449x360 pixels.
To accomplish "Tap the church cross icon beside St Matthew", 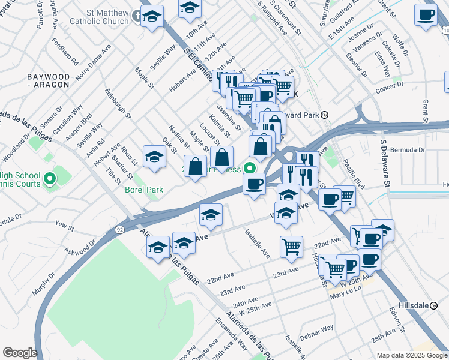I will [x=137, y=16].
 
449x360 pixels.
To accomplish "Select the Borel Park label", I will [x=144, y=190].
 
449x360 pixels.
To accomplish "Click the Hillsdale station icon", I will [x=433, y=305].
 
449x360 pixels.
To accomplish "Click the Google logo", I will [x=20, y=352].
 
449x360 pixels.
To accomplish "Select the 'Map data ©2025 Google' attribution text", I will [x=412, y=355].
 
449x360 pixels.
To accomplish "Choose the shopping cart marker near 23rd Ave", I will [x=291, y=247].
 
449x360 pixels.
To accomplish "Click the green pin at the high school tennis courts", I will [x=50, y=178].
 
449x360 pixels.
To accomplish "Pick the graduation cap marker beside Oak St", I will [x=154, y=157].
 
